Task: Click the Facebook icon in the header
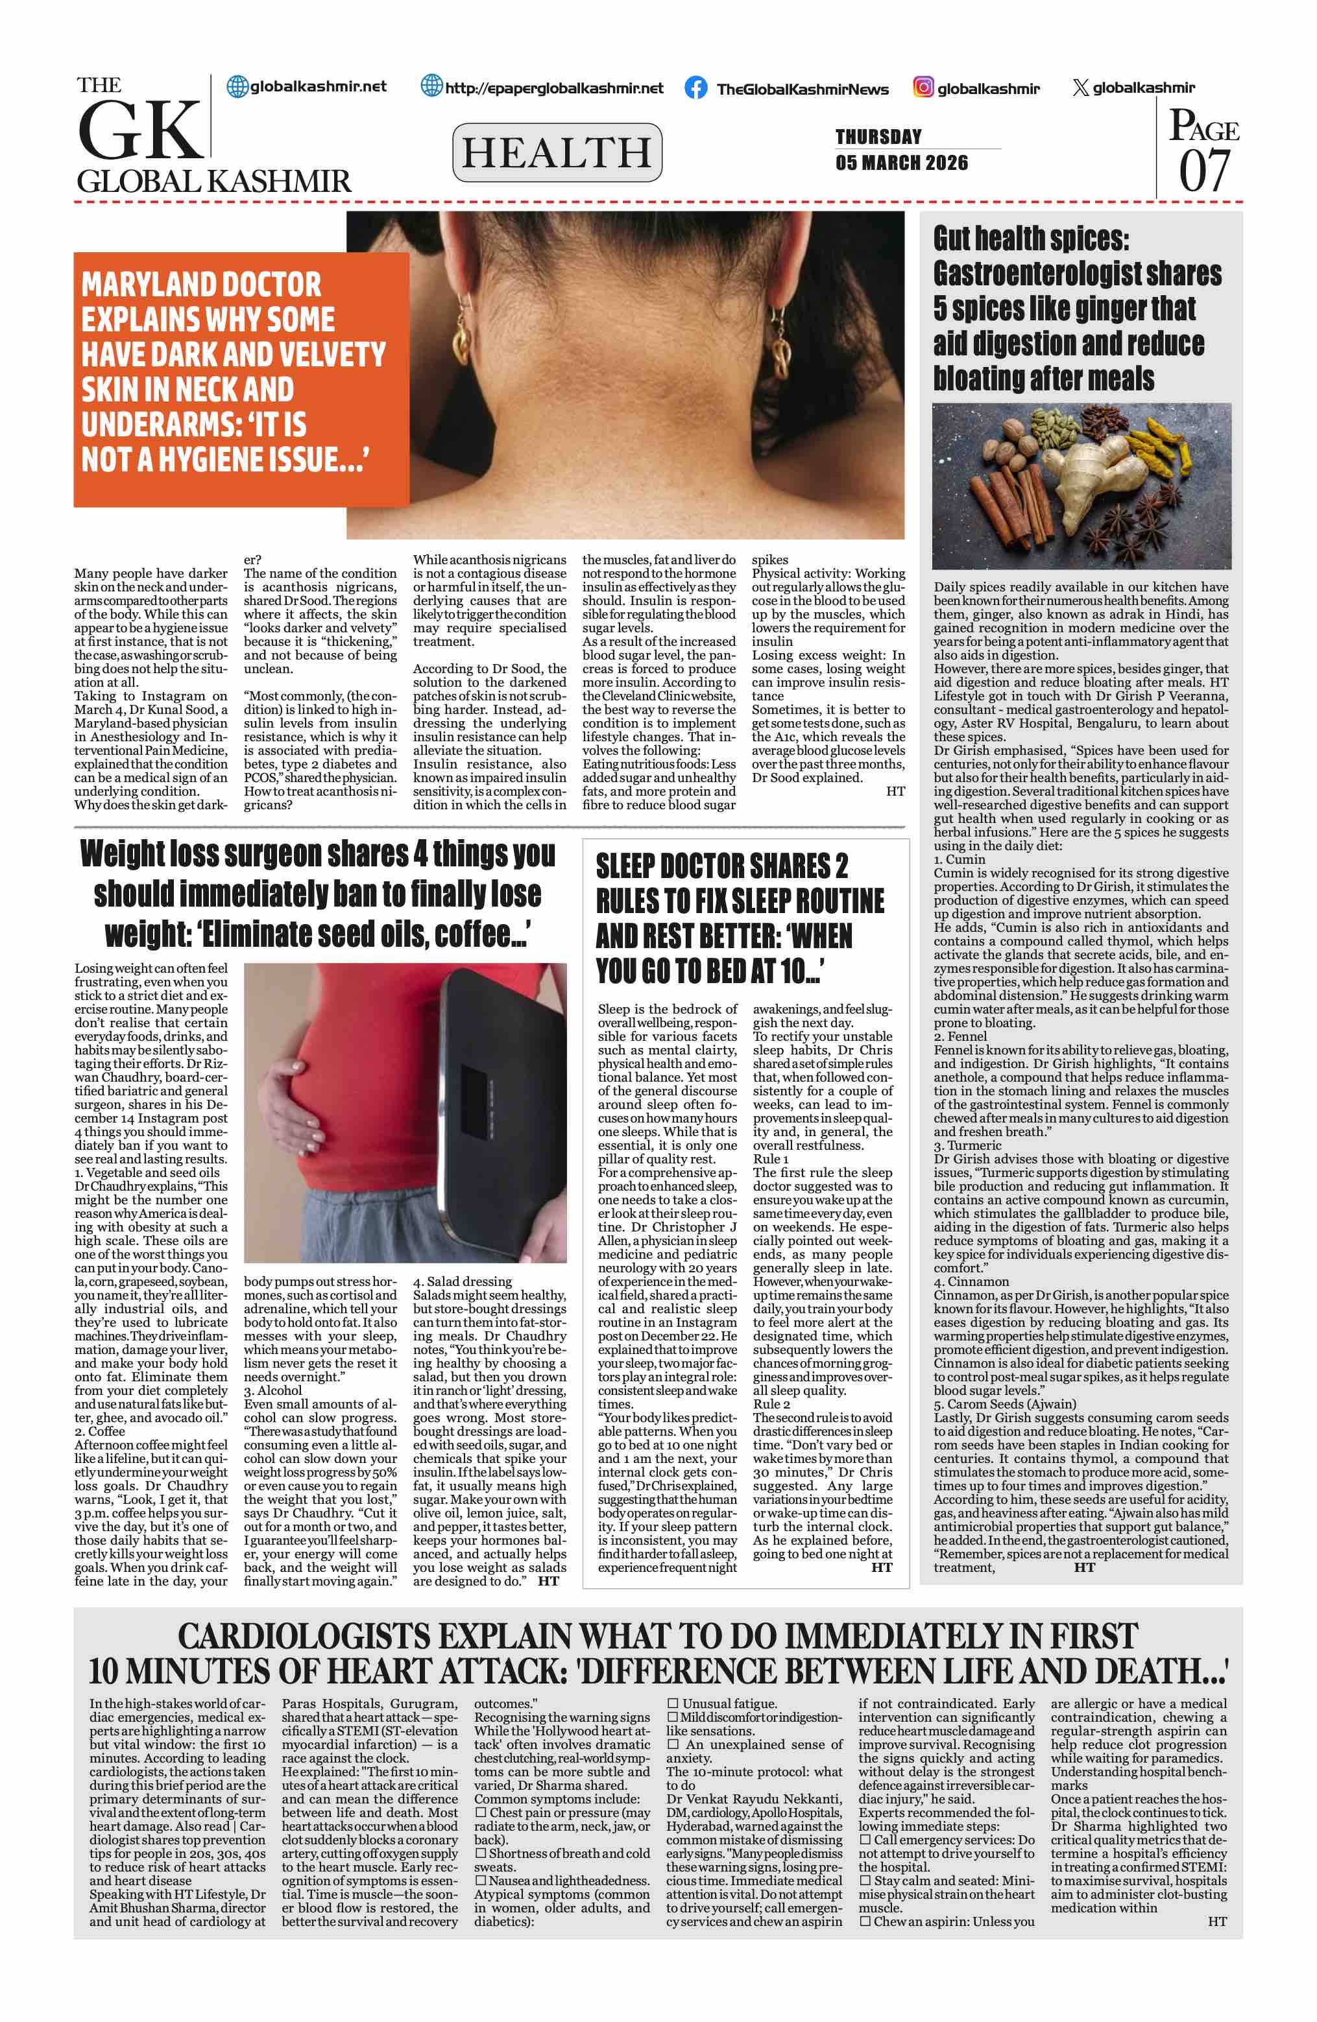695,88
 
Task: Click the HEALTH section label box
557,152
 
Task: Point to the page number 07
1204,170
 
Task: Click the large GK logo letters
140,130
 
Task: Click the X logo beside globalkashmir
1080,88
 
